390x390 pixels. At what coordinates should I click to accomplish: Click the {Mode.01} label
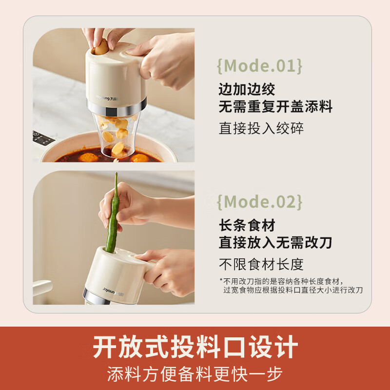260,66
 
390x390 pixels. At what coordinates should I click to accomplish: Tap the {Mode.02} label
260,202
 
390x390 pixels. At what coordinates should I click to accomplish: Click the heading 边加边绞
247,89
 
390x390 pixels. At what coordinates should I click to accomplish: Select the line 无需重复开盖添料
275,107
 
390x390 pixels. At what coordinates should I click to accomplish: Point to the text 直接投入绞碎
261,128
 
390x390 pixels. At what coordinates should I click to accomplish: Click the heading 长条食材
247,225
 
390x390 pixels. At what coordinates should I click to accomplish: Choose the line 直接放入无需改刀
275,242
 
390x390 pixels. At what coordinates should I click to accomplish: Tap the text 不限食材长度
261,264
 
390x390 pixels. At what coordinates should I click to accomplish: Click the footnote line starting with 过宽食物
293,290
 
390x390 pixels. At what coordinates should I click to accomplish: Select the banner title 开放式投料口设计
195,347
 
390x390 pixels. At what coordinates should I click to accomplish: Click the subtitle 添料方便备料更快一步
195,373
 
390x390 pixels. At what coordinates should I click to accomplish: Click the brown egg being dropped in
101,47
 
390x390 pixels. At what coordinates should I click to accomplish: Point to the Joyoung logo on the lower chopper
113,292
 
